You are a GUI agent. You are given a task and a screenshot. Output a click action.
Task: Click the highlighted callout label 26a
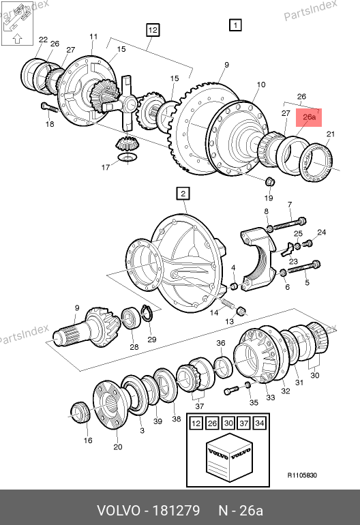[x=309, y=117]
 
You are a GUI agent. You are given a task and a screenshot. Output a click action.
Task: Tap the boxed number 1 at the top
[x=235, y=25]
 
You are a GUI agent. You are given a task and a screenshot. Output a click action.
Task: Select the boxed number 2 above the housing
[x=183, y=194]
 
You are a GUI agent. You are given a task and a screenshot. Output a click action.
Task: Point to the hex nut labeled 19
[x=270, y=182]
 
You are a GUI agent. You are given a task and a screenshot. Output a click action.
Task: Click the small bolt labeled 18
[x=49, y=108]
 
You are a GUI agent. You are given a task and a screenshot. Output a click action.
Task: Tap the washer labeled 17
[x=127, y=157]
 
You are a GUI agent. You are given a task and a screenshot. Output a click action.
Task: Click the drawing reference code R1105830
[x=302, y=475]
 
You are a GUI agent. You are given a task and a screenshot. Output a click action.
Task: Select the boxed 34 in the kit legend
[x=260, y=423]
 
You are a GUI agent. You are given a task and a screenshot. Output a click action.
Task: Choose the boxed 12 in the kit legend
[x=196, y=423]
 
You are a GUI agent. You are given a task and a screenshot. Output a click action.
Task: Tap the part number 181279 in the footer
[x=176, y=511]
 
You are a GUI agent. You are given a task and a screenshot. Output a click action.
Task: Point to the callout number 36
[x=221, y=343]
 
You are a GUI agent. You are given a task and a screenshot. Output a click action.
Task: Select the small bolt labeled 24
[x=308, y=243]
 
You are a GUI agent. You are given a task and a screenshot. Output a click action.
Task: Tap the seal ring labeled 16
[x=80, y=412]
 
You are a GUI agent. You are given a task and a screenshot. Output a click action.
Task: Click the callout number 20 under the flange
[x=118, y=447]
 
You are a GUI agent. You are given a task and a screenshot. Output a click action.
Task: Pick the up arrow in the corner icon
[x=18, y=39]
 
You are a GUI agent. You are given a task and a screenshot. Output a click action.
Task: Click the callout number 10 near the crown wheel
[x=261, y=85]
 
